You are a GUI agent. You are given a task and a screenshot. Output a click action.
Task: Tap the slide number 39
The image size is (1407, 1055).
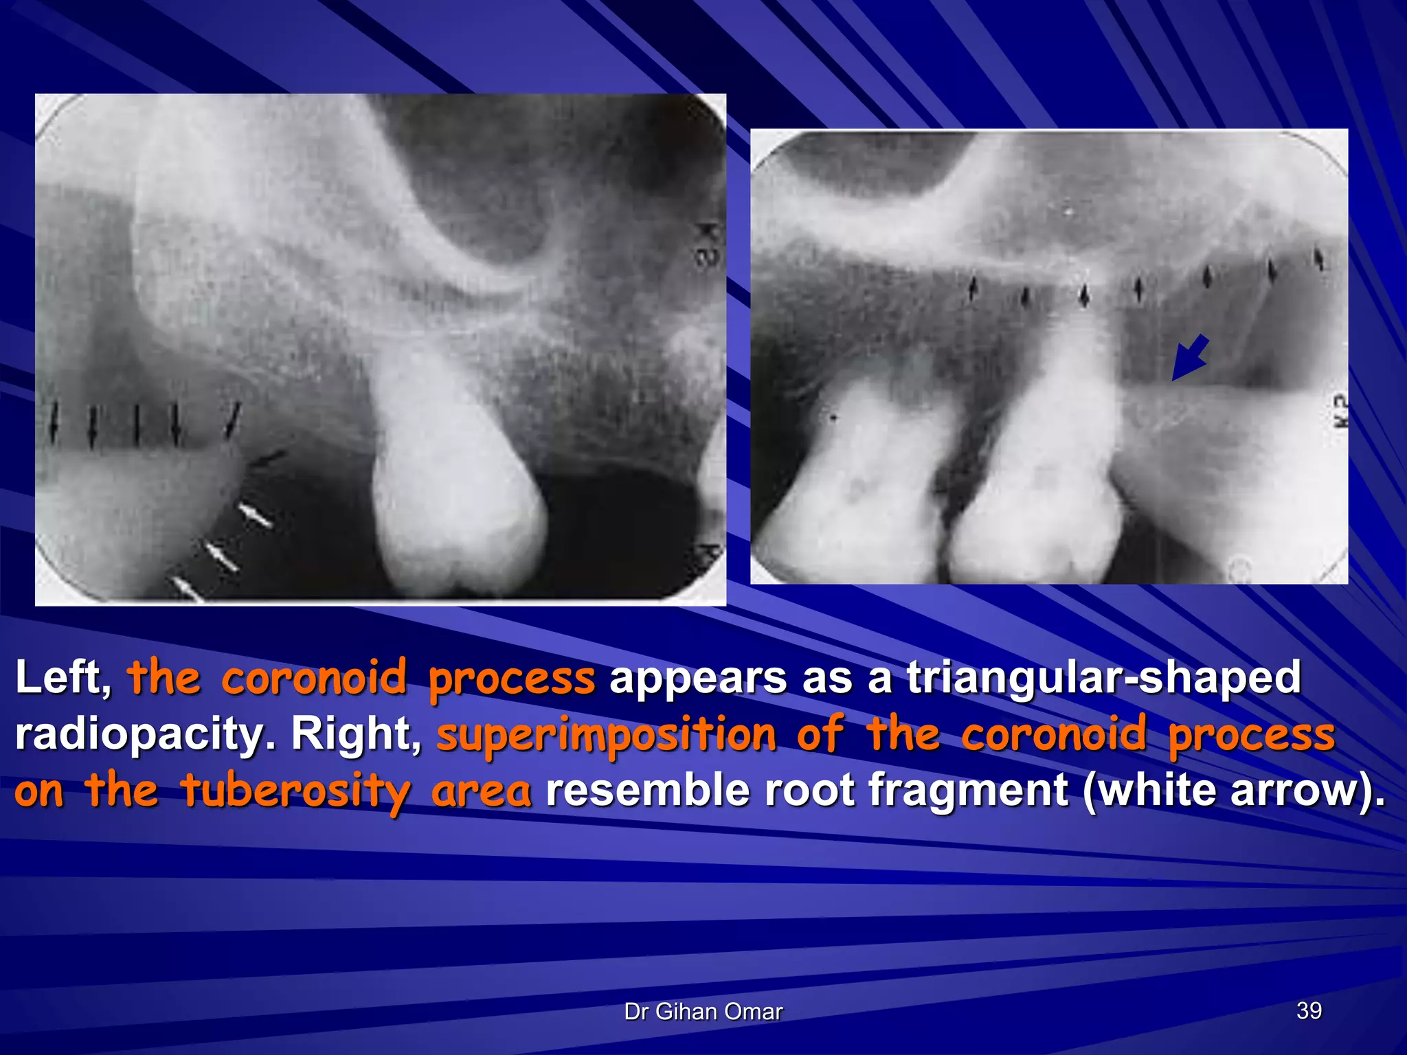1309,1011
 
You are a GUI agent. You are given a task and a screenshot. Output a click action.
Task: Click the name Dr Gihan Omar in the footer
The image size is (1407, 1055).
703,1012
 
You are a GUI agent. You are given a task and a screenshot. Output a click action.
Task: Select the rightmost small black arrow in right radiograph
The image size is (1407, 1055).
1318,260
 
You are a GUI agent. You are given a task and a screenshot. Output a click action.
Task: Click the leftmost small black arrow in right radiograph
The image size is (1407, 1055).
972,288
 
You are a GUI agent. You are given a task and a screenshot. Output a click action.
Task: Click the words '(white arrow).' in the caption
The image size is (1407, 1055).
1233,791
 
